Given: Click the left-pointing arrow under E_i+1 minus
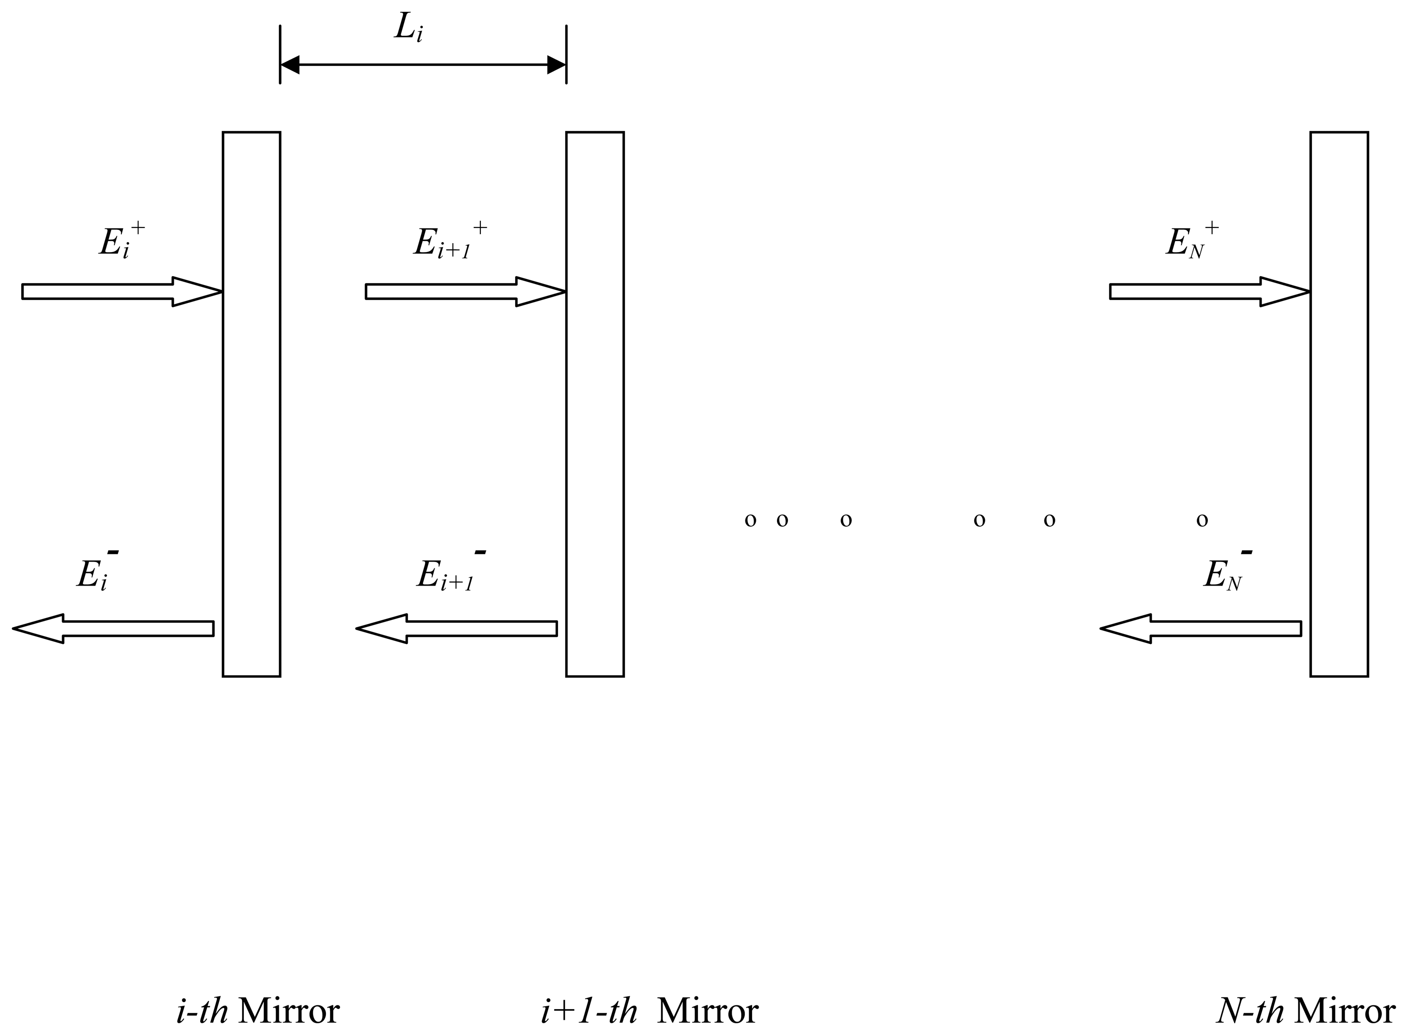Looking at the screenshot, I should point(457,628).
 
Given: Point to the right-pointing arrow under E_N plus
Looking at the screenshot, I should point(1209,291).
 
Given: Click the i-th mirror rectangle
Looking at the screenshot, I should point(251,404).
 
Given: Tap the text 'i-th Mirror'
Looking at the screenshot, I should point(258,1011).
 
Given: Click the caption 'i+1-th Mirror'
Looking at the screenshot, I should point(649,1011).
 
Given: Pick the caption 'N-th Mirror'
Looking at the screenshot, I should point(1305,1011).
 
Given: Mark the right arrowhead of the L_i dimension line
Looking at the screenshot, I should point(556,65).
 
